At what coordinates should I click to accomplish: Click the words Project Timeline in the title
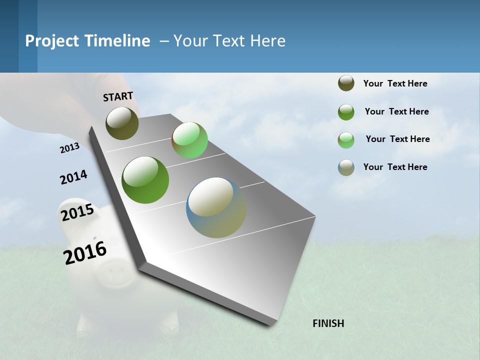click(x=87, y=41)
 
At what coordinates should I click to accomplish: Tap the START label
click(x=118, y=96)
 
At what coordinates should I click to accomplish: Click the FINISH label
click(x=328, y=323)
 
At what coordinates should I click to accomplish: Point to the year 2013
click(x=69, y=148)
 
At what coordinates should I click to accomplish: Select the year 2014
click(x=73, y=177)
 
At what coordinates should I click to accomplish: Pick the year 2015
click(x=77, y=212)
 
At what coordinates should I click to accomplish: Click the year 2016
click(x=85, y=252)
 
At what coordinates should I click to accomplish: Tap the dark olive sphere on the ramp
click(x=122, y=123)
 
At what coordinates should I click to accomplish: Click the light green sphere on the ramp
click(x=189, y=140)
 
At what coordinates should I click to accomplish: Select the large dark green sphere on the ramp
click(x=145, y=180)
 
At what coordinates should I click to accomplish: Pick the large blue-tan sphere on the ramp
click(x=216, y=207)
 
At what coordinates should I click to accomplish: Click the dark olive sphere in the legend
click(x=346, y=83)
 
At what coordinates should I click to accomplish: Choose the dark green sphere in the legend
click(x=346, y=112)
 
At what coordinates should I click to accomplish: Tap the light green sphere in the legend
click(x=346, y=140)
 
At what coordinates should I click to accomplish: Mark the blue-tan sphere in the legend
click(x=346, y=167)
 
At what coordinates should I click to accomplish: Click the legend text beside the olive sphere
click(x=395, y=83)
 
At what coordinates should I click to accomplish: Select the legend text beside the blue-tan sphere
click(x=395, y=167)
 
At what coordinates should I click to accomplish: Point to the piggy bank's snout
click(x=114, y=273)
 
